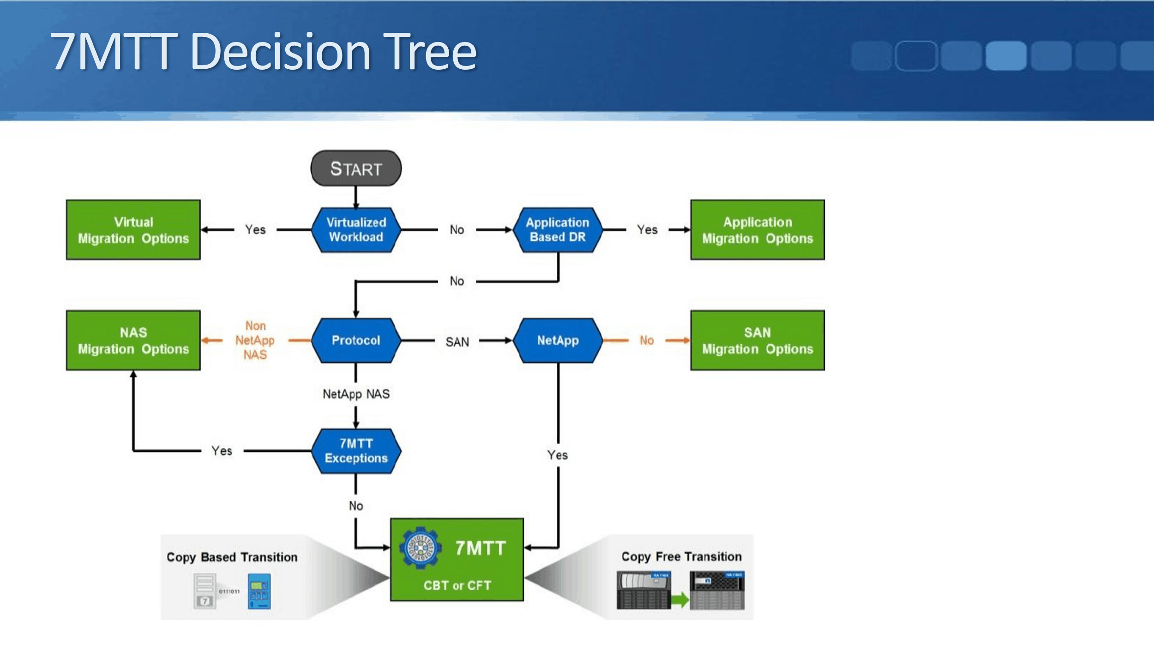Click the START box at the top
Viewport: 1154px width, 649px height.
click(356, 168)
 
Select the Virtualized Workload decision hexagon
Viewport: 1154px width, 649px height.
click(356, 229)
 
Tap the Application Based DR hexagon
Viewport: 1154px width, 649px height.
click(558, 229)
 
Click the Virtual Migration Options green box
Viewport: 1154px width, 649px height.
click(133, 230)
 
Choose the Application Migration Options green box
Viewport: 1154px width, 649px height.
click(757, 230)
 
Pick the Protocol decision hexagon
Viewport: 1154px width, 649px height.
click(356, 340)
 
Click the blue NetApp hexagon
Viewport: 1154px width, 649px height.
click(558, 340)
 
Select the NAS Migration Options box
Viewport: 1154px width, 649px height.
click(133, 340)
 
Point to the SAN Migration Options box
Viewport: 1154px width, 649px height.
click(757, 340)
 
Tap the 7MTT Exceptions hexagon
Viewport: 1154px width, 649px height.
click(356, 451)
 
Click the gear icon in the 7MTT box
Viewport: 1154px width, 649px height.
click(420, 547)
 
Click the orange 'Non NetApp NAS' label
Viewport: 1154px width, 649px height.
click(255, 340)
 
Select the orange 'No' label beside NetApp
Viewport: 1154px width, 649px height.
click(647, 340)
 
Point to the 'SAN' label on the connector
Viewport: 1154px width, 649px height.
click(457, 342)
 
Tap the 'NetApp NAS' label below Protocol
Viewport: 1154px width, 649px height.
click(356, 394)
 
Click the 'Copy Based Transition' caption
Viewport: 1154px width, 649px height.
click(232, 557)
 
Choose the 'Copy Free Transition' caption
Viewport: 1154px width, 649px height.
click(681, 557)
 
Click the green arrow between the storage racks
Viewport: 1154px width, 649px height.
click(679, 600)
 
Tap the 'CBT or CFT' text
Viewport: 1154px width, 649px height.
click(457, 585)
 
